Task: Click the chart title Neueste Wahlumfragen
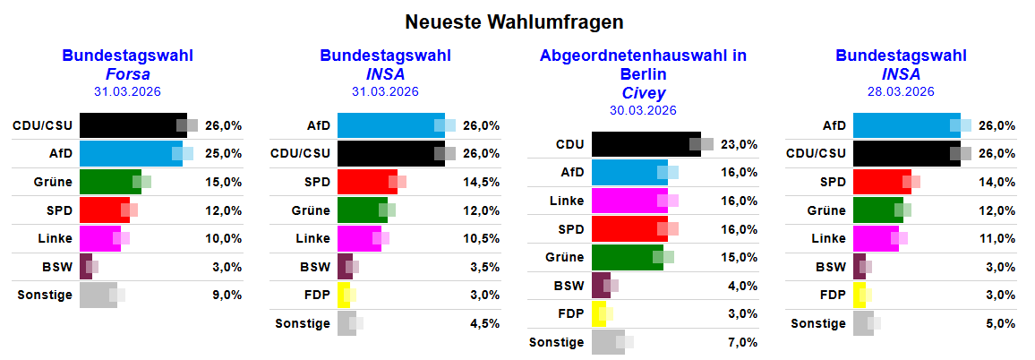tap(514, 21)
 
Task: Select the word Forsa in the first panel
tap(128, 73)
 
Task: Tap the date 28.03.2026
tap(901, 91)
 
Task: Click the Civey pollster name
tap(643, 92)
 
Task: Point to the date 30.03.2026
tap(643, 110)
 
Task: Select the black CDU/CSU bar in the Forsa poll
tap(133, 125)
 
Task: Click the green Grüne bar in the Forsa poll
tap(110, 182)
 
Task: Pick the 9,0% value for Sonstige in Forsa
tap(224, 295)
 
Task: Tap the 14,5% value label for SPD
tap(482, 182)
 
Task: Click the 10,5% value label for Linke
tap(482, 238)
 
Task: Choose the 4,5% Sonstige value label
tap(483, 323)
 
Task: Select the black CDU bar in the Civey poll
tap(646, 144)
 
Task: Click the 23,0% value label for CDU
tap(740, 144)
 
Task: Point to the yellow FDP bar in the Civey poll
tap(599, 313)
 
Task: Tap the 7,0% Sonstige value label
tap(741, 342)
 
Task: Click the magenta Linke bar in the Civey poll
tap(629, 201)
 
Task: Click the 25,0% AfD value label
tap(224, 153)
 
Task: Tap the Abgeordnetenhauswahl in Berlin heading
tap(643, 64)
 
